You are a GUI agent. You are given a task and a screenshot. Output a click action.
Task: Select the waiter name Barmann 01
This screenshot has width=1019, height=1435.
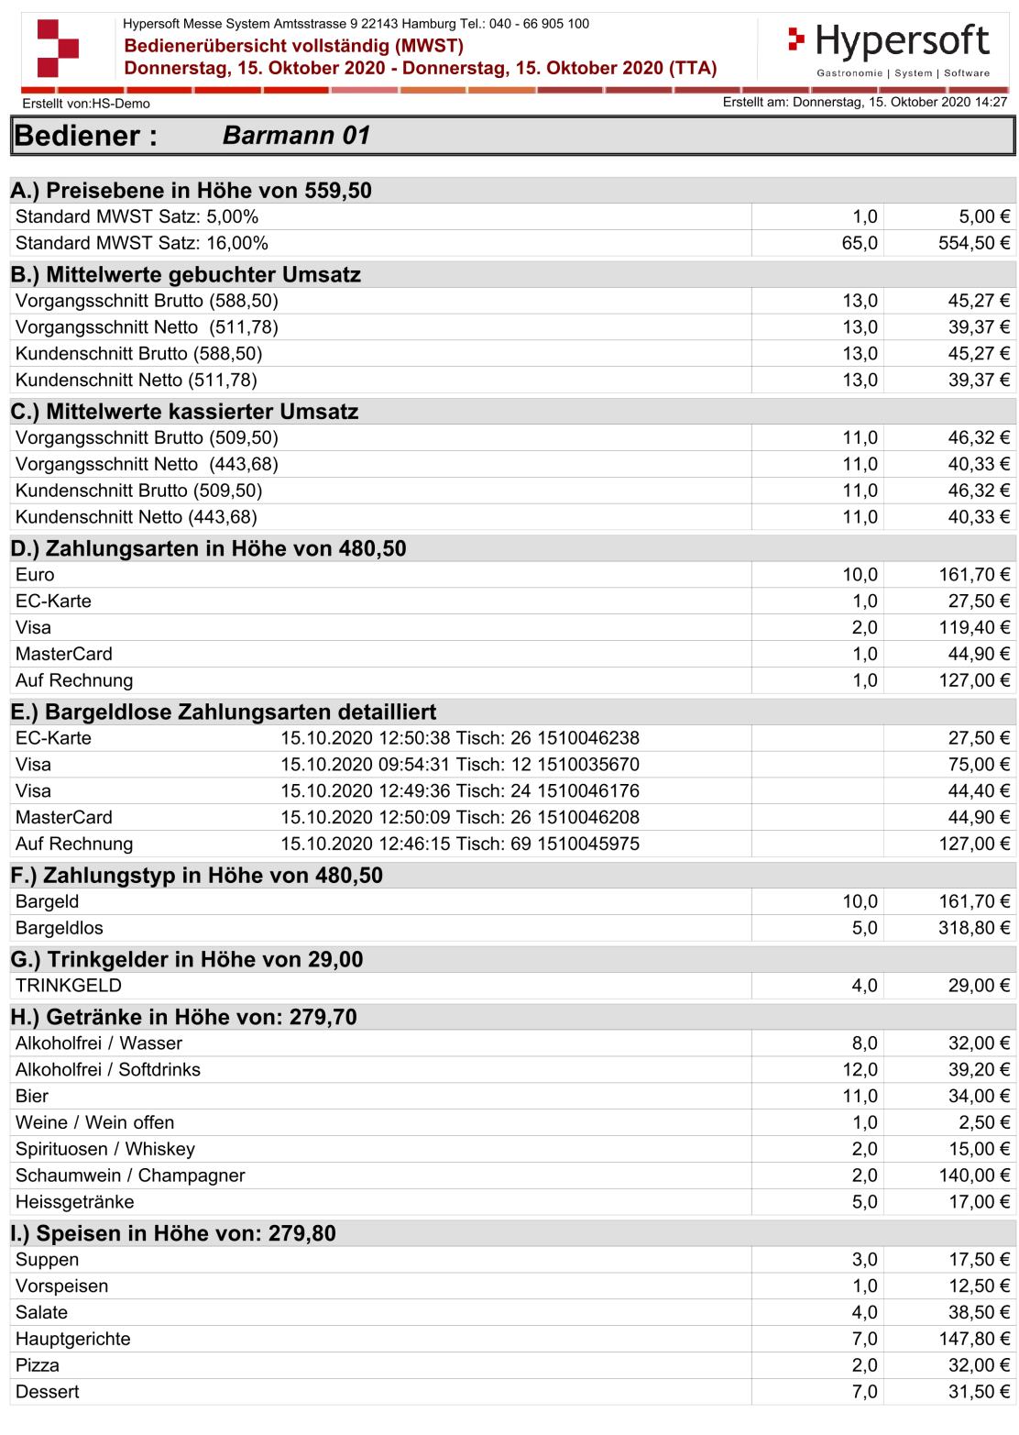click(296, 136)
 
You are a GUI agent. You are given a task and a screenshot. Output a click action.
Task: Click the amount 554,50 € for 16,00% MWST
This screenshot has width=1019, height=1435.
click(974, 243)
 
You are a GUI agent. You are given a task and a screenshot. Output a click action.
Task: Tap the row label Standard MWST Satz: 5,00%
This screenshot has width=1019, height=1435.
click(137, 216)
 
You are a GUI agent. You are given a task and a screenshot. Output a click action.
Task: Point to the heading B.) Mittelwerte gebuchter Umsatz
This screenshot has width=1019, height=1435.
click(186, 274)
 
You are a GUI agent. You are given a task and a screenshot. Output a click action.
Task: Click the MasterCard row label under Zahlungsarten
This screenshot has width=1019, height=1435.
click(64, 654)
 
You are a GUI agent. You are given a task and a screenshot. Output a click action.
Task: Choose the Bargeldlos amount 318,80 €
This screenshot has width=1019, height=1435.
click(974, 928)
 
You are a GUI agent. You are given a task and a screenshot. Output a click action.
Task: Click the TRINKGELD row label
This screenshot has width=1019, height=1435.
click(69, 986)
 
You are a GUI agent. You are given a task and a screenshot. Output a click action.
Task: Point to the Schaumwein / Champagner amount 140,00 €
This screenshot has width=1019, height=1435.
click(974, 1176)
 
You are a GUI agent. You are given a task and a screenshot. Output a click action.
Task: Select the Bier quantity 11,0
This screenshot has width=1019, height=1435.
click(860, 1096)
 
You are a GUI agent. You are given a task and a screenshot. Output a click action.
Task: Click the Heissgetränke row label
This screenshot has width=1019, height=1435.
click(75, 1202)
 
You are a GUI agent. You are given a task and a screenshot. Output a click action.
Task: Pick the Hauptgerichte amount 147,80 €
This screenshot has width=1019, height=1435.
click(974, 1339)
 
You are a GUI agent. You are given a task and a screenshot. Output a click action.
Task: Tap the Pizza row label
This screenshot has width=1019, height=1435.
click(38, 1365)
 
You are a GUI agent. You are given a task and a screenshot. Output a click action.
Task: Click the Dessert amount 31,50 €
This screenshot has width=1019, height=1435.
click(979, 1392)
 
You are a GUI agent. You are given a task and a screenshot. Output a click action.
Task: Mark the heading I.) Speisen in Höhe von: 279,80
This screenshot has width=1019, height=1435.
click(174, 1233)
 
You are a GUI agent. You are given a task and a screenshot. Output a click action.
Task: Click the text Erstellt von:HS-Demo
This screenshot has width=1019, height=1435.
click(86, 104)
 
